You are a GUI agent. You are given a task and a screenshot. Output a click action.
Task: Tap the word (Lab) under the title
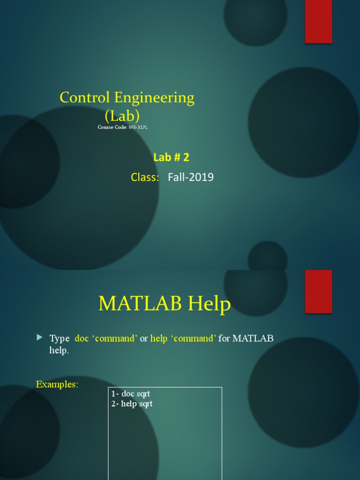coord(122,115)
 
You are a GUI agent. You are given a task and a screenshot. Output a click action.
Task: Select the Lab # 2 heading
coord(171,157)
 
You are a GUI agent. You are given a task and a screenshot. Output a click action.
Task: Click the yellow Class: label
coord(145,177)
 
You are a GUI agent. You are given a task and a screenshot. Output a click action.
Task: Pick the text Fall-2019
coord(194,177)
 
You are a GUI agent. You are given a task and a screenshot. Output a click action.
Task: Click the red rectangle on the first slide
coord(318,22)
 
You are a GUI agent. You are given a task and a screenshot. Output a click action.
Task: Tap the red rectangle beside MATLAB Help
coord(318,291)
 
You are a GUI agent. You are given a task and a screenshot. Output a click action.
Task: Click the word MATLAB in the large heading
coord(140,304)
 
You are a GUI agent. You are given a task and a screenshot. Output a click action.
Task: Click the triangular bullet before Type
coord(39,337)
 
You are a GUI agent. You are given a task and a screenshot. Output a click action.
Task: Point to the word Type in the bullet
coord(60,338)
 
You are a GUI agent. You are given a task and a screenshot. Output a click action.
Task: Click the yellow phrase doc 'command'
coord(106,338)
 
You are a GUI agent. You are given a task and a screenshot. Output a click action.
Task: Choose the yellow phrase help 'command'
coord(183,338)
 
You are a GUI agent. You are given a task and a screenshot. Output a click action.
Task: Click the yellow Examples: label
coord(57,384)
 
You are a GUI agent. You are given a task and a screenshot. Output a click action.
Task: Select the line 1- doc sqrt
coord(131,394)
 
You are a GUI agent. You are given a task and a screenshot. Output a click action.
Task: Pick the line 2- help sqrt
coord(132,404)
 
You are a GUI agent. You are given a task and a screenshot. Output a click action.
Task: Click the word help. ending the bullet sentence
coord(59,350)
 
